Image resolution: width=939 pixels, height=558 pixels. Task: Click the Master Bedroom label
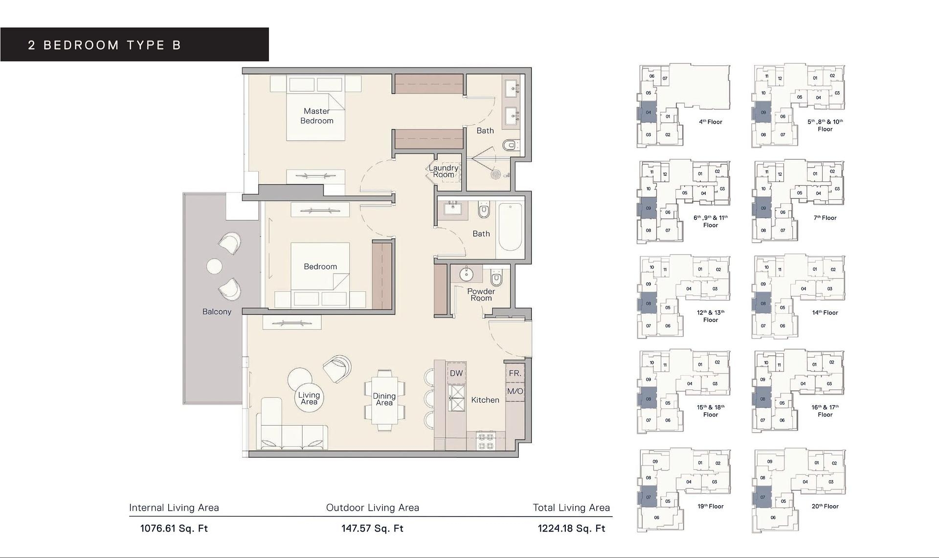coord(316,116)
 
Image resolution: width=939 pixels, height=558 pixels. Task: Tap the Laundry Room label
coord(444,171)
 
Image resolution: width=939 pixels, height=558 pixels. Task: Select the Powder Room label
coord(481,294)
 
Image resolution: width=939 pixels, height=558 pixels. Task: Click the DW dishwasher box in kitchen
coord(456,373)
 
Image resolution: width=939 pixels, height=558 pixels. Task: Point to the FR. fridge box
coord(515,373)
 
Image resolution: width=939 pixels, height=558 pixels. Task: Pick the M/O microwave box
coord(515,391)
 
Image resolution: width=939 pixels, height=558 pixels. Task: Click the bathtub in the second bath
coord(510,227)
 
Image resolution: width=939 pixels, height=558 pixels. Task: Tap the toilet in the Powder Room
coord(496,279)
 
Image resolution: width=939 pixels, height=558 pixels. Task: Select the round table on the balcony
coord(214,266)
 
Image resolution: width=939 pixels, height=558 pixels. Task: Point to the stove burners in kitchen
coord(486,441)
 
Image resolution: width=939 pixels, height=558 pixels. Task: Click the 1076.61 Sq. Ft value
coord(174,528)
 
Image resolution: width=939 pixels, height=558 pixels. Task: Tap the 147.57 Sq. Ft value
coord(372,528)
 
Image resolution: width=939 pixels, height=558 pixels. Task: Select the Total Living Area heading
coord(571,508)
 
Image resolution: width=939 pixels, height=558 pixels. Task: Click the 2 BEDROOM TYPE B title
coord(105,45)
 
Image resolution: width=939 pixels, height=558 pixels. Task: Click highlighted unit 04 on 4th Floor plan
coord(648,112)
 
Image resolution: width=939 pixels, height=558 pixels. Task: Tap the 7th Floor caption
coord(825,218)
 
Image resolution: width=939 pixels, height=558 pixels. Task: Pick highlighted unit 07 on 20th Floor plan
coord(763,497)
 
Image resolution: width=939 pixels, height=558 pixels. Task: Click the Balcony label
coord(217,312)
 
